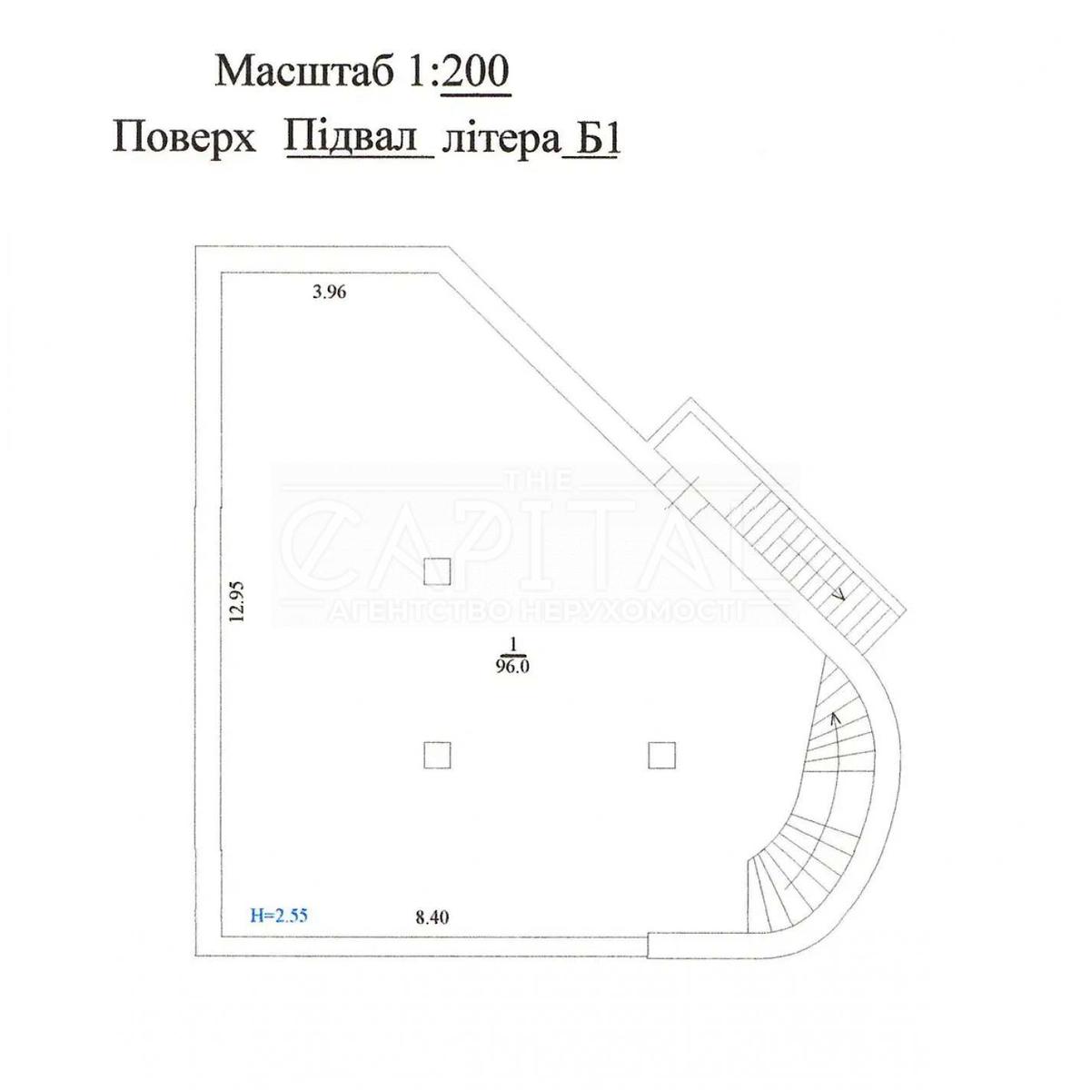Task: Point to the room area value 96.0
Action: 512,667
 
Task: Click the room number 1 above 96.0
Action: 512,645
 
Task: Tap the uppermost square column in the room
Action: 438,570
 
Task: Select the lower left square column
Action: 437,755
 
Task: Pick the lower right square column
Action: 661,755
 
